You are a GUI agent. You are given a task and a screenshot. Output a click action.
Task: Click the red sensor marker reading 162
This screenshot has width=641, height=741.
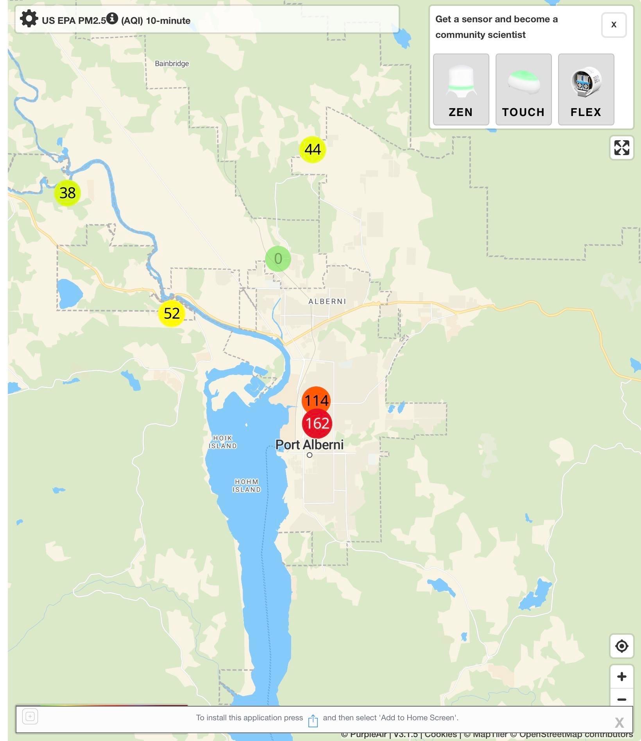317,423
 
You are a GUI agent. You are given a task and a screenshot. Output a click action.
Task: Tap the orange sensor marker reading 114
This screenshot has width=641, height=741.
316,400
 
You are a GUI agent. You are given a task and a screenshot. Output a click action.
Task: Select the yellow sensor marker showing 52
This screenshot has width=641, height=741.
172,313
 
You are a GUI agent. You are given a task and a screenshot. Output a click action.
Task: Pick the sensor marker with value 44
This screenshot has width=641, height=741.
312,149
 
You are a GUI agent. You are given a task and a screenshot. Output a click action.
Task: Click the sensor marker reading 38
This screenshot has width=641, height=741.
67,193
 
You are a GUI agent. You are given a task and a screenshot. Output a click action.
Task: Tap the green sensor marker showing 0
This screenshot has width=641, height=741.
278,259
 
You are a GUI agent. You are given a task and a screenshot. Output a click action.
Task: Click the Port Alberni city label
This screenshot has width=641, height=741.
309,445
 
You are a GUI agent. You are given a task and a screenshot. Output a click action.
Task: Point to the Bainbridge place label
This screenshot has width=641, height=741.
172,64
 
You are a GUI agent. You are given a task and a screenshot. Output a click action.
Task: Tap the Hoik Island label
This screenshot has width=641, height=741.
222,442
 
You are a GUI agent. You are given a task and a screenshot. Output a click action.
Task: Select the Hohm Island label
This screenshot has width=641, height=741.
247,486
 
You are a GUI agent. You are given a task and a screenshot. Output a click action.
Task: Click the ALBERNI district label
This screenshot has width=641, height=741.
327,301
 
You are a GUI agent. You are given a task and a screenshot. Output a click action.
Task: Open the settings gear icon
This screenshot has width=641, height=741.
29,19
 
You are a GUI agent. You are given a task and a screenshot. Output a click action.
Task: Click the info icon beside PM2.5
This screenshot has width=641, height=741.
112,18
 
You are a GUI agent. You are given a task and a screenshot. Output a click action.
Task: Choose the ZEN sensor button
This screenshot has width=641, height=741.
461,89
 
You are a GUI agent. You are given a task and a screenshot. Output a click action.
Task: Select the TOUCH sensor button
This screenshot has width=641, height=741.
523,89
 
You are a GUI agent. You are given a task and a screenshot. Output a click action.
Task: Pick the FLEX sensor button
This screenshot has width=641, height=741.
586,89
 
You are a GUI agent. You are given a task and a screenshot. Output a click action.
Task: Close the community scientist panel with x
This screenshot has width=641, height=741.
614,25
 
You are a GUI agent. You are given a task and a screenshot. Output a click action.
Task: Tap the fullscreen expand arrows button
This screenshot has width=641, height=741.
621,148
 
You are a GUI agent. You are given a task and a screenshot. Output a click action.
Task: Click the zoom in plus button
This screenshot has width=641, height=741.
621,677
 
